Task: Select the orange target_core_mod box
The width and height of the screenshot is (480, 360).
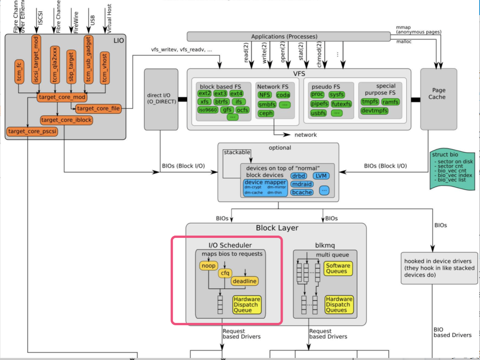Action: (62, 97)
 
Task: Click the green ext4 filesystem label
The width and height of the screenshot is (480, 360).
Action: (236, 94)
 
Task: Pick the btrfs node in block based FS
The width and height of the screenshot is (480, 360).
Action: (221, 102)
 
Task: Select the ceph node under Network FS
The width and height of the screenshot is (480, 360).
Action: (266, 113)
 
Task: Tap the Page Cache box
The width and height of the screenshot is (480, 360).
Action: (438, 93)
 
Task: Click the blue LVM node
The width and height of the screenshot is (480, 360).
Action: (321, 176)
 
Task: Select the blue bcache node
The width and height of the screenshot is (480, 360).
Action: (302, 192)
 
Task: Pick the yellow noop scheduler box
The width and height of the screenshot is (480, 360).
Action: (208, 265)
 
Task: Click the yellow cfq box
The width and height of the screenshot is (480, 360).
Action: (225, 273)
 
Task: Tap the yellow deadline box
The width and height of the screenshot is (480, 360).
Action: (244, 281)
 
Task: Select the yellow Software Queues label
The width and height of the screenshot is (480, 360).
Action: (338, 269)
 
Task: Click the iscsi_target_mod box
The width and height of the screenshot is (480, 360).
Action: (36, 60)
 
